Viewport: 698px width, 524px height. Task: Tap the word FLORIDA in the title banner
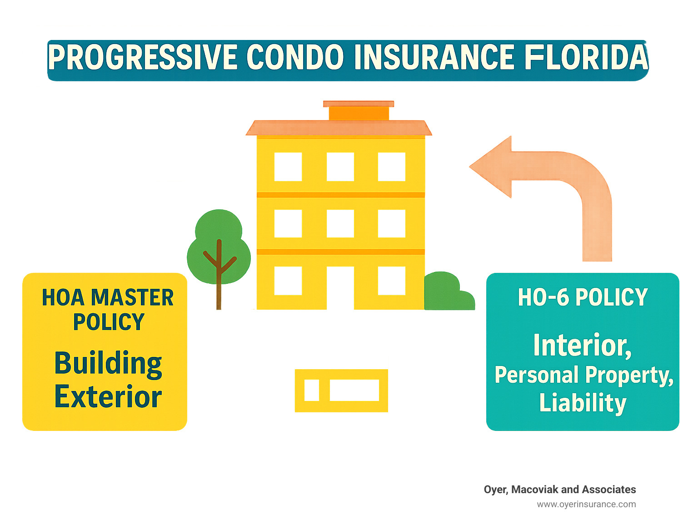tap(586, 57)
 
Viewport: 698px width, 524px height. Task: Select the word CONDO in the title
tap(295, 57)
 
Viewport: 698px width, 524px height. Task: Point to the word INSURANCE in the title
tap(434, 57)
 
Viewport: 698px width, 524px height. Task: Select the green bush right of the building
tap(449, 292)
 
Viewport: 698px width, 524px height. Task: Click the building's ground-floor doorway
tap(340, 288)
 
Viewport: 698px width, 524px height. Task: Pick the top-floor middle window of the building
tap(340, 167)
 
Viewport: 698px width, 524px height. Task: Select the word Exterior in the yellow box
tap(108, 396)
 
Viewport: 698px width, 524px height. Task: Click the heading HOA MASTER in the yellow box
tap(108, 297)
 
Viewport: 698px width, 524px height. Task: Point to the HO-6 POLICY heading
tap(583, 297)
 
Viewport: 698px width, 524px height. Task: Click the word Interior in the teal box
tap(582, 346)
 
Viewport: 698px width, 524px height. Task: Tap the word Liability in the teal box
tap(583, 403)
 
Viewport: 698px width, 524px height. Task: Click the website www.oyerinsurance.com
tap(586, 504)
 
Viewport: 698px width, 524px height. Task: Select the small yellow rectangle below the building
tap(341, 391)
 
